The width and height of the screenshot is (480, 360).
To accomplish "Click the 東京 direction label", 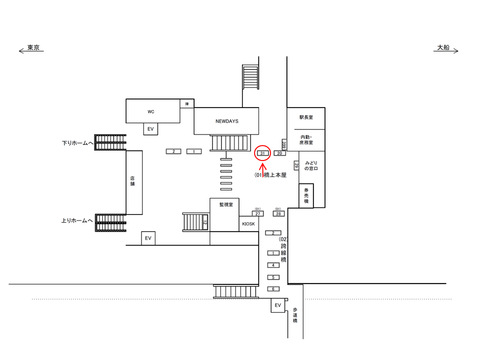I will [33, 48].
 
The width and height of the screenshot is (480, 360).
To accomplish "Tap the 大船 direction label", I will [443, 48].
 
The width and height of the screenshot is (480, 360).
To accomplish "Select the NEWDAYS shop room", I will [226, 121].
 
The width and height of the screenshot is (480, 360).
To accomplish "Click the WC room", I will [151, 111].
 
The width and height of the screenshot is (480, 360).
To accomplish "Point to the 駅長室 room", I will [306, 117].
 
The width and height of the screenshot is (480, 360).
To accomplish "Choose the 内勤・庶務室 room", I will [306, 139].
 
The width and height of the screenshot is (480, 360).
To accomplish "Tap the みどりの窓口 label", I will [311, 166].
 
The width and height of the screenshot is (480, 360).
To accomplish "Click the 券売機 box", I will [306, 195].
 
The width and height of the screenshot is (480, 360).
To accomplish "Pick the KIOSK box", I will [248, 224].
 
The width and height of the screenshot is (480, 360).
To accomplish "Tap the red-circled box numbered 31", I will [263, 152].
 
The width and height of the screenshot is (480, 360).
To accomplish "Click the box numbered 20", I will [280, 153].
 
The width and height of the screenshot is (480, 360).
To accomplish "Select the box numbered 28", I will [278, 213].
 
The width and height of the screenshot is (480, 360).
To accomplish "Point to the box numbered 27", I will [257, 213].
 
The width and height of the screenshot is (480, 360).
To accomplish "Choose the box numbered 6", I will [273, 289].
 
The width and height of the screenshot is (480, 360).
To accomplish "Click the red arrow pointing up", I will [263, 168].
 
